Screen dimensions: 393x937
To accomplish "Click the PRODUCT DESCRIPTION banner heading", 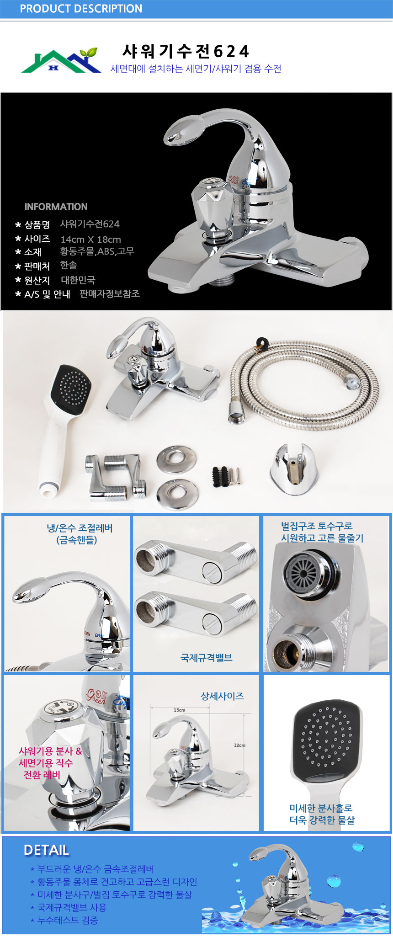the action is [x=81, y=9].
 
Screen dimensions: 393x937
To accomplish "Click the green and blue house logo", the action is [x=61, y=61].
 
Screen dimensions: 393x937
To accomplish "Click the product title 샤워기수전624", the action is [x=186, y=51].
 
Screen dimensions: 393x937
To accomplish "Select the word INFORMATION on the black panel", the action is [x=56, y=207].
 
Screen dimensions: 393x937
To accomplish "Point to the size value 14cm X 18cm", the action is [x=90, y=239].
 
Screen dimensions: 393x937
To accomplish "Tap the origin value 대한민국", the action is [x=78, y=280].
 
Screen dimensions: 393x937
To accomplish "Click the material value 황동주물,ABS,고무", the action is [x=97, y=251].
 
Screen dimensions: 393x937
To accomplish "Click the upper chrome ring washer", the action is [x=176, y=460].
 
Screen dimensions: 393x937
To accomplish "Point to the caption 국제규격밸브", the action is [x=207, y=658].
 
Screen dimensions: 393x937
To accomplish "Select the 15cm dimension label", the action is [x=180, y=710].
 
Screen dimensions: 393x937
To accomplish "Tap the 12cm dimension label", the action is [x=239, y=745].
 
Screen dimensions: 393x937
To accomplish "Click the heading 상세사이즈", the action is [x=223, y=696].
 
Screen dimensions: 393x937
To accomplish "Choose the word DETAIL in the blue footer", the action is [x=46, y=851].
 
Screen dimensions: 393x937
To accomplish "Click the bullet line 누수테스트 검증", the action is [x=68, y=921].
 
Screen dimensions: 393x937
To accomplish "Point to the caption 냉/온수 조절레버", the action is [x=80, y=528].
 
